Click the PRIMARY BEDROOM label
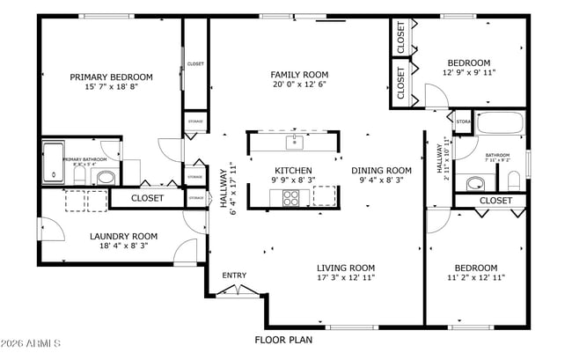[111, 77]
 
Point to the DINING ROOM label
[381, 170]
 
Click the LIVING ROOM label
[346, 268]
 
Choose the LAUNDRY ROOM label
[123, 236]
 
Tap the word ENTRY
[234, 276]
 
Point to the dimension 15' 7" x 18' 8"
[111, 87]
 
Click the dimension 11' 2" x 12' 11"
[475, 278]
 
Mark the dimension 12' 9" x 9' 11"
[468, 73]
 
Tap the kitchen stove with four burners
[290, 198]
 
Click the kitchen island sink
[293, 141]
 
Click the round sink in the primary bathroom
[105, 178]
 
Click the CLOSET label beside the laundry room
[147, 198]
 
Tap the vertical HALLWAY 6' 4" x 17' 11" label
[228, 189]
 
